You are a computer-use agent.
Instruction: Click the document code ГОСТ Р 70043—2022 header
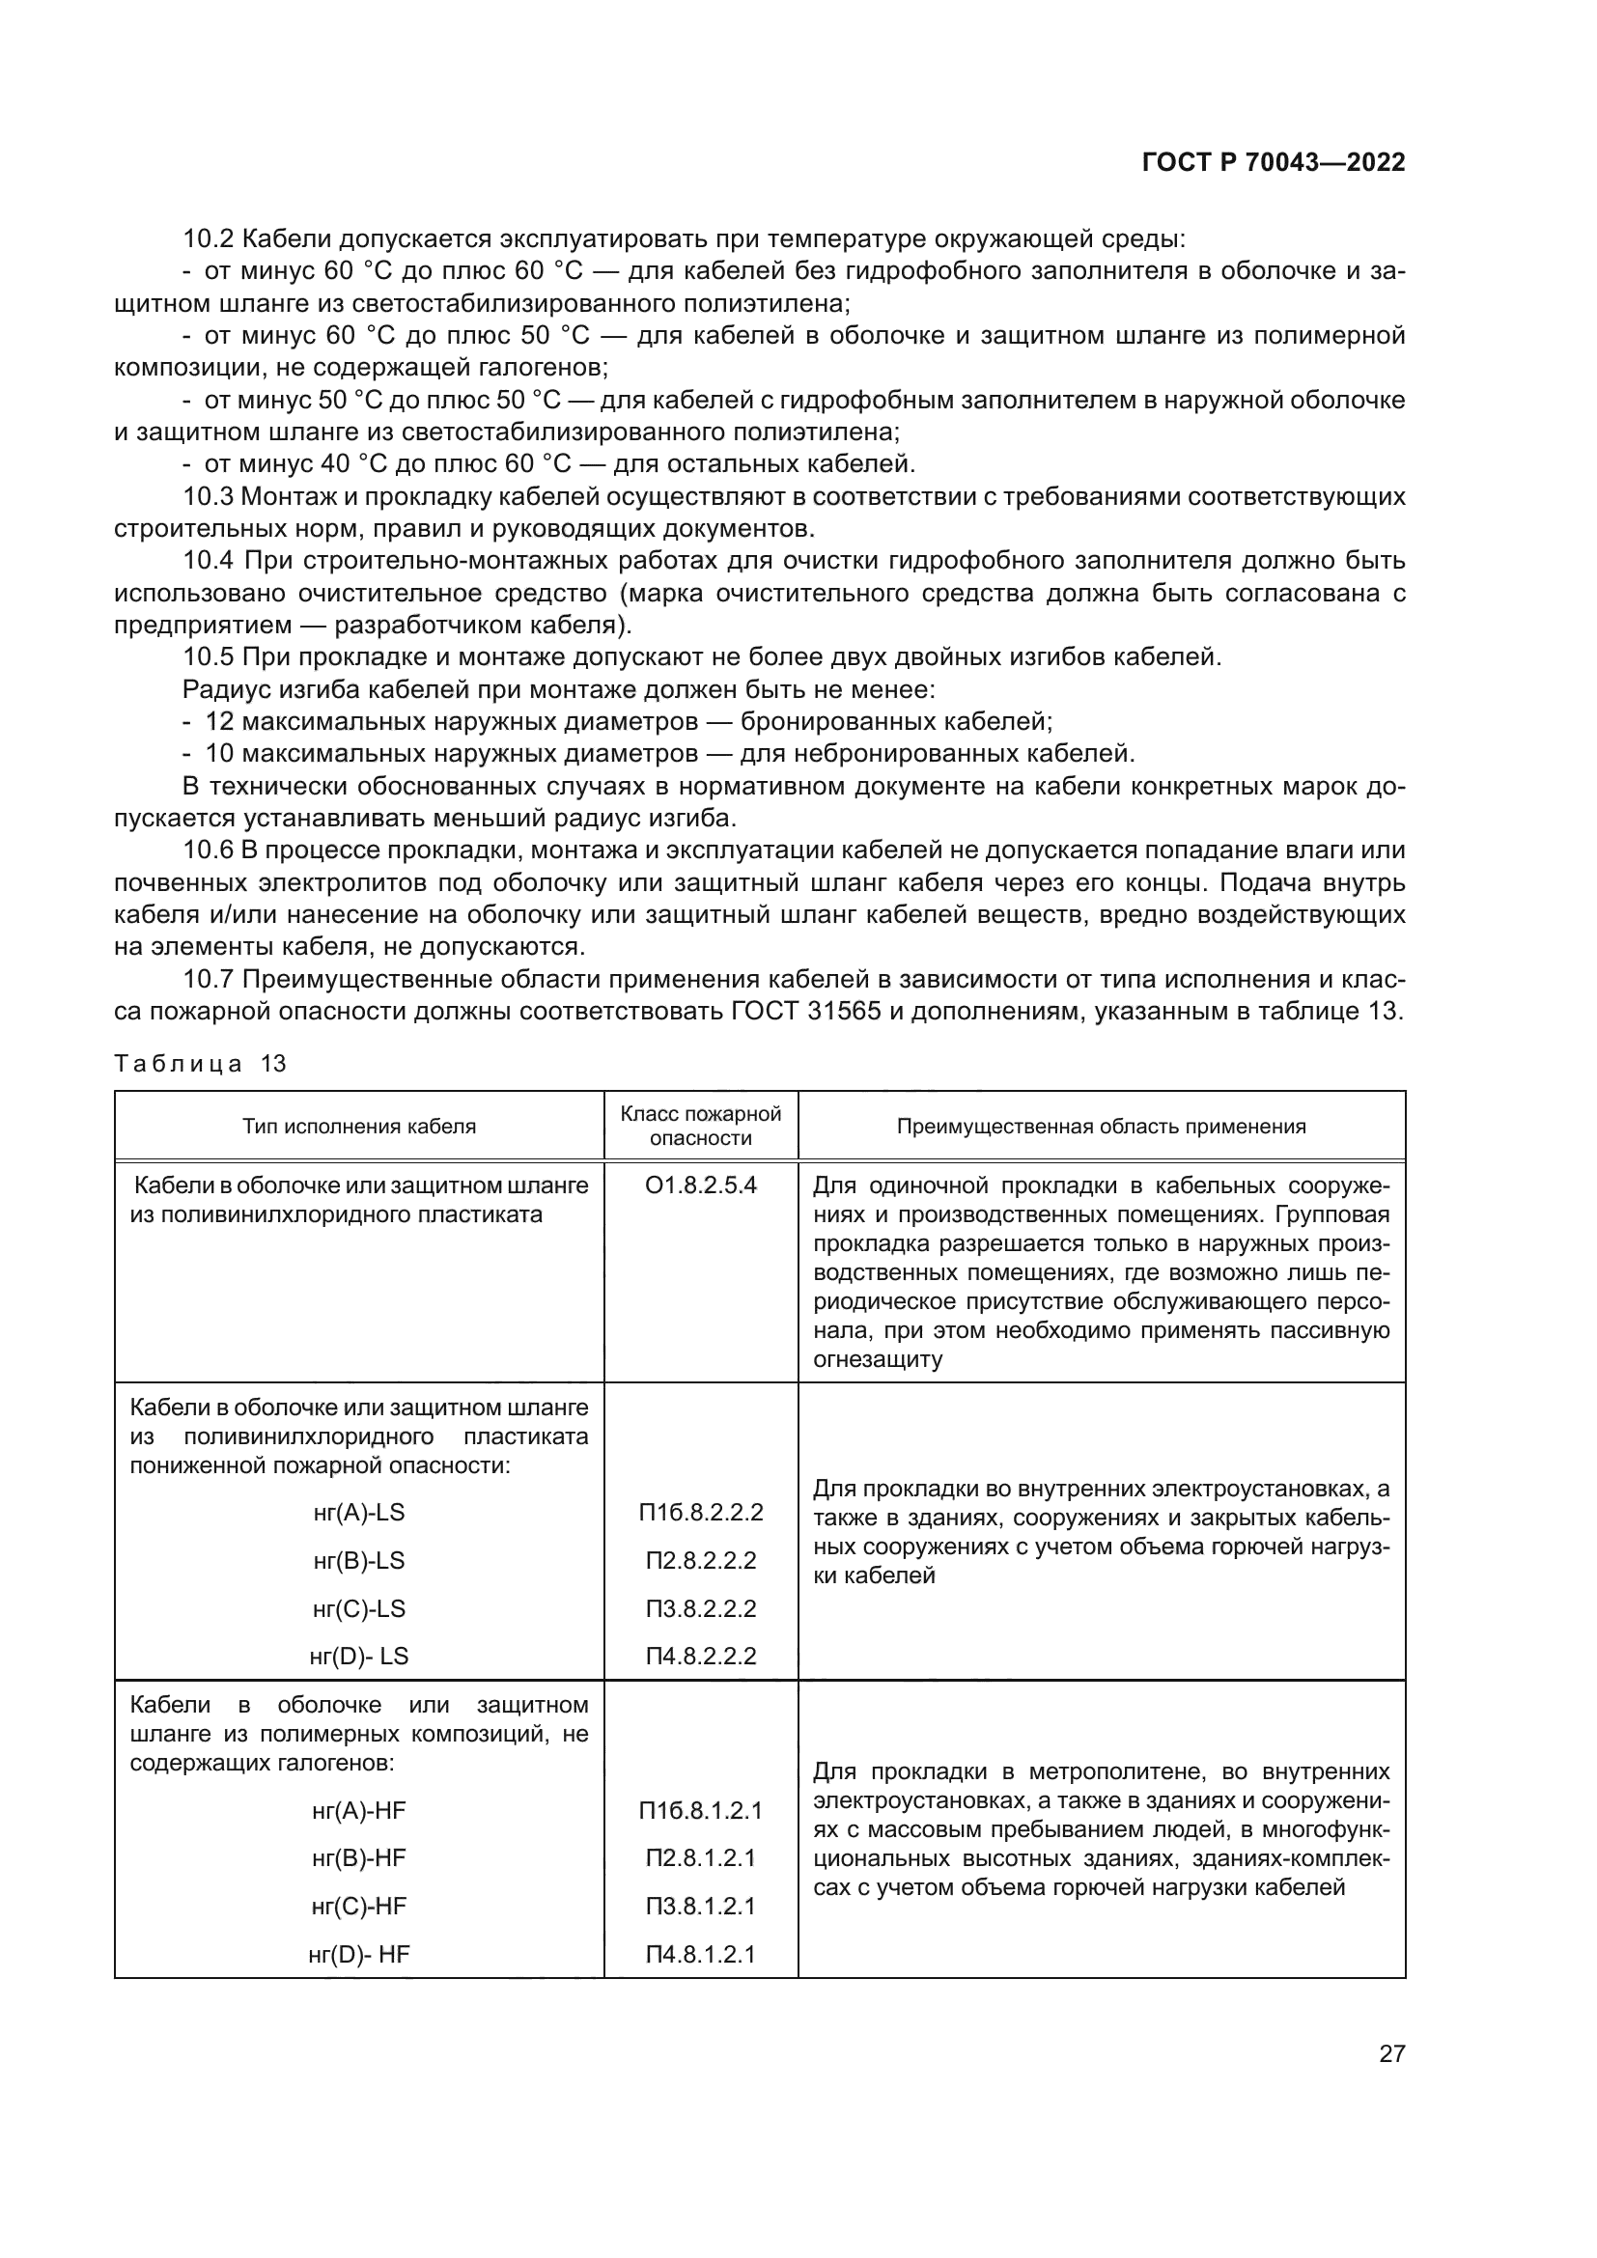1274,163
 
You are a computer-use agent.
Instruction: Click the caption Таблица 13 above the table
200,1063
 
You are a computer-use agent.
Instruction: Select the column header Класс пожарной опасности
700,1125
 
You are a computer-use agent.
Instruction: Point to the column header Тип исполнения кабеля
359,1126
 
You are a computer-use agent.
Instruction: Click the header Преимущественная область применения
1101,1126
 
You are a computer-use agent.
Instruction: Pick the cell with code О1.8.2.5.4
700,1185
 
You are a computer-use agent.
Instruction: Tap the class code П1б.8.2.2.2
700,1512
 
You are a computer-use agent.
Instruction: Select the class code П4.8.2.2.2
700,1656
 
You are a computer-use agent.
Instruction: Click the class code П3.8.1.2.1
700,1906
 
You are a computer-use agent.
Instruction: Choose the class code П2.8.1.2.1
700,1857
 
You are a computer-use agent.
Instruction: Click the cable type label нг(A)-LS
359,1512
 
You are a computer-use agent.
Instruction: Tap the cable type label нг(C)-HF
359,1906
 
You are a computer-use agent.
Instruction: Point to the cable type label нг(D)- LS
359,1656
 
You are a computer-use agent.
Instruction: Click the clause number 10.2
208,239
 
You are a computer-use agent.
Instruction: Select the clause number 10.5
208,657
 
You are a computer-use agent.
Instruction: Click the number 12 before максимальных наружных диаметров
219,722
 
